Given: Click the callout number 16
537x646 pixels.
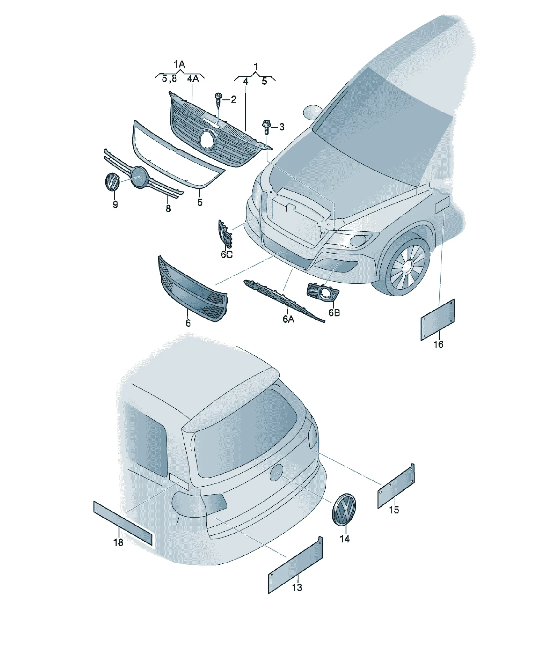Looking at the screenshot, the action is [x=438, y=345].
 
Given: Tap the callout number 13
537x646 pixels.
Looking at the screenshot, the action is [x=297, y=588].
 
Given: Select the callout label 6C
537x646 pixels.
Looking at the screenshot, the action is [x=227, y=254].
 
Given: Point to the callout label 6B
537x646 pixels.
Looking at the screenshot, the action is [x=334, y=313].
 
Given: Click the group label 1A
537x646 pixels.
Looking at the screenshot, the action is [x=179, y=64].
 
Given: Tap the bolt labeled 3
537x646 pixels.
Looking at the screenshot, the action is [x=266, y=127].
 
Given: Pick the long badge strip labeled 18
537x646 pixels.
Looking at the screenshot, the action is [x=123, y=523].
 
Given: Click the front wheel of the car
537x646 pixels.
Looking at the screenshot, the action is [x=407, y=266].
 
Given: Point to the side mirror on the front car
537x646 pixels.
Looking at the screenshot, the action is [x=313, y=112].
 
